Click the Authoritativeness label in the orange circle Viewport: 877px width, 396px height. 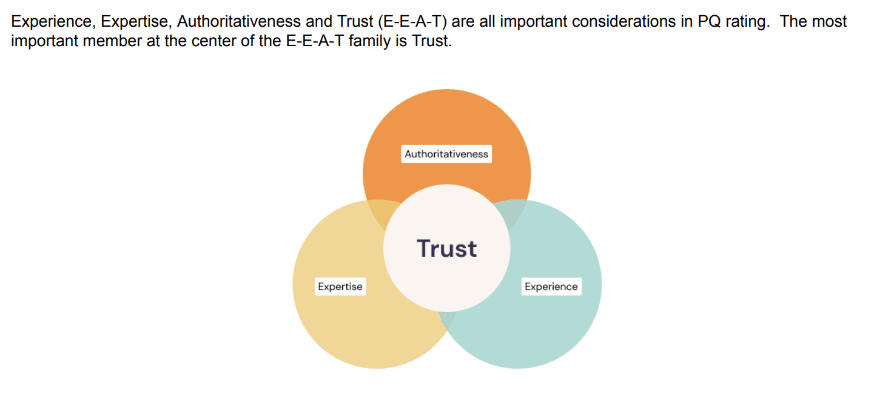tap(446, 154)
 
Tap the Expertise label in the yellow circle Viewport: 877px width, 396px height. tap(340, 287)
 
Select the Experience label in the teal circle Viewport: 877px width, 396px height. tap(551, 287)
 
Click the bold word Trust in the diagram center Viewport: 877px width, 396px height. tap(447, 248)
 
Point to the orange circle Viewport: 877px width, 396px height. tap(446, 121)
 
